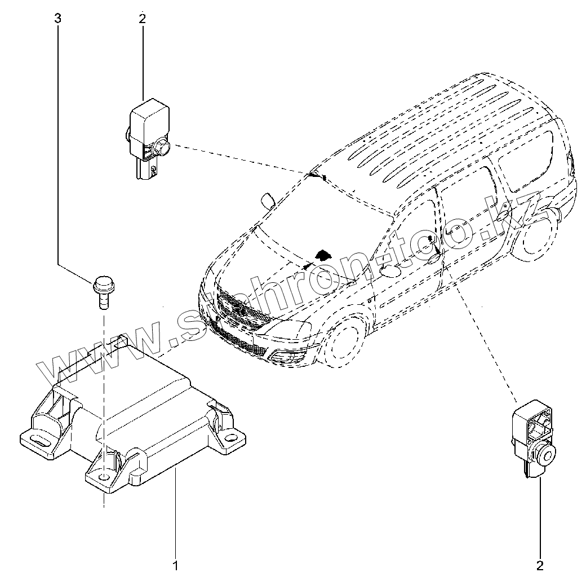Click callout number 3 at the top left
click(x=57, y=19)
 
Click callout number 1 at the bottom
click(x=176, y=564)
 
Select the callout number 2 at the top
click(x=142, y=19)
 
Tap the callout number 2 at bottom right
click(x=540, y=564)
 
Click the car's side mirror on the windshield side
click(x=268, y=201)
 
